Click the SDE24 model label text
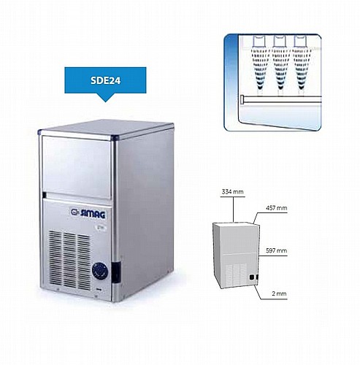(x=105, y=80)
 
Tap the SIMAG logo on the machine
(x=88, y=213)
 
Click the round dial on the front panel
(x=100, y=270)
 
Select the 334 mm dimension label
(x=232, y=192)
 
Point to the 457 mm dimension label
(x=276, y=208)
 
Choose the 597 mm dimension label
(x=276, y=250)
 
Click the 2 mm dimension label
(x=279, y=293)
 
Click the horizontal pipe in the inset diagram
(x=281, y=100)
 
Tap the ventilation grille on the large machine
(x=69, y=261)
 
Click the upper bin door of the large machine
(x=76, y=166)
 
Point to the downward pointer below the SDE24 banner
(x=105, y=98)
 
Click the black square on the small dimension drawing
(x=252, y=277)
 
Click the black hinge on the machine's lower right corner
(x=116, y=272)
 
